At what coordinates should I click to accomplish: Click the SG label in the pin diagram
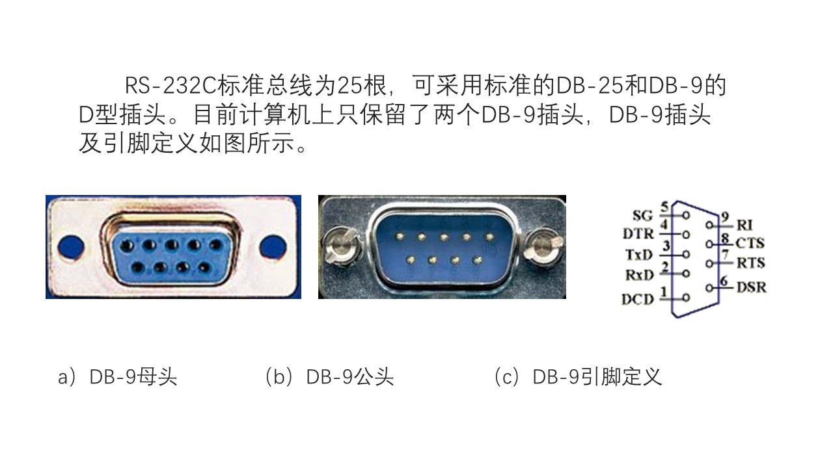click(642, 215)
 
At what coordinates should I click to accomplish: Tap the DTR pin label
click(638, 234)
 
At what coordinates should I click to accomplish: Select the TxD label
click(639, 255)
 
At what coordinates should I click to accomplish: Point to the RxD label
click(639, 275)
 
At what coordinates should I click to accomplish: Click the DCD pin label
click(638, 300)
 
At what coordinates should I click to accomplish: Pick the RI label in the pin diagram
click(744, 225)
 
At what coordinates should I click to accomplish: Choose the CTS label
click(750, 243)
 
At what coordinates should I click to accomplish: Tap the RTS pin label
click(751, 263)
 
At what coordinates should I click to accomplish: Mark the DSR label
click(752, 287)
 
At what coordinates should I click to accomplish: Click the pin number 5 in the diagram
click(665, 207)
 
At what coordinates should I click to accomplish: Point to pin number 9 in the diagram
click(725, 217)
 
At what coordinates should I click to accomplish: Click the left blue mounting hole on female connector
click(71, 246)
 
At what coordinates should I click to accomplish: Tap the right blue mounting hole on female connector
click(273, 246)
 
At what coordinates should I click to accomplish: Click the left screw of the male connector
click(342, 246)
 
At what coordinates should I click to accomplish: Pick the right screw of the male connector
click(543, 246)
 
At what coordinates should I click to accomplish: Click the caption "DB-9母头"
click(133, 377)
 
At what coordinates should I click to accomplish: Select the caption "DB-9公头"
click(349, 377)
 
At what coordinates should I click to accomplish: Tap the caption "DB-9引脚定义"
click(597, 377)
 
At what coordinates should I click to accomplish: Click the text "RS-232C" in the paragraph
click(171, 86)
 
